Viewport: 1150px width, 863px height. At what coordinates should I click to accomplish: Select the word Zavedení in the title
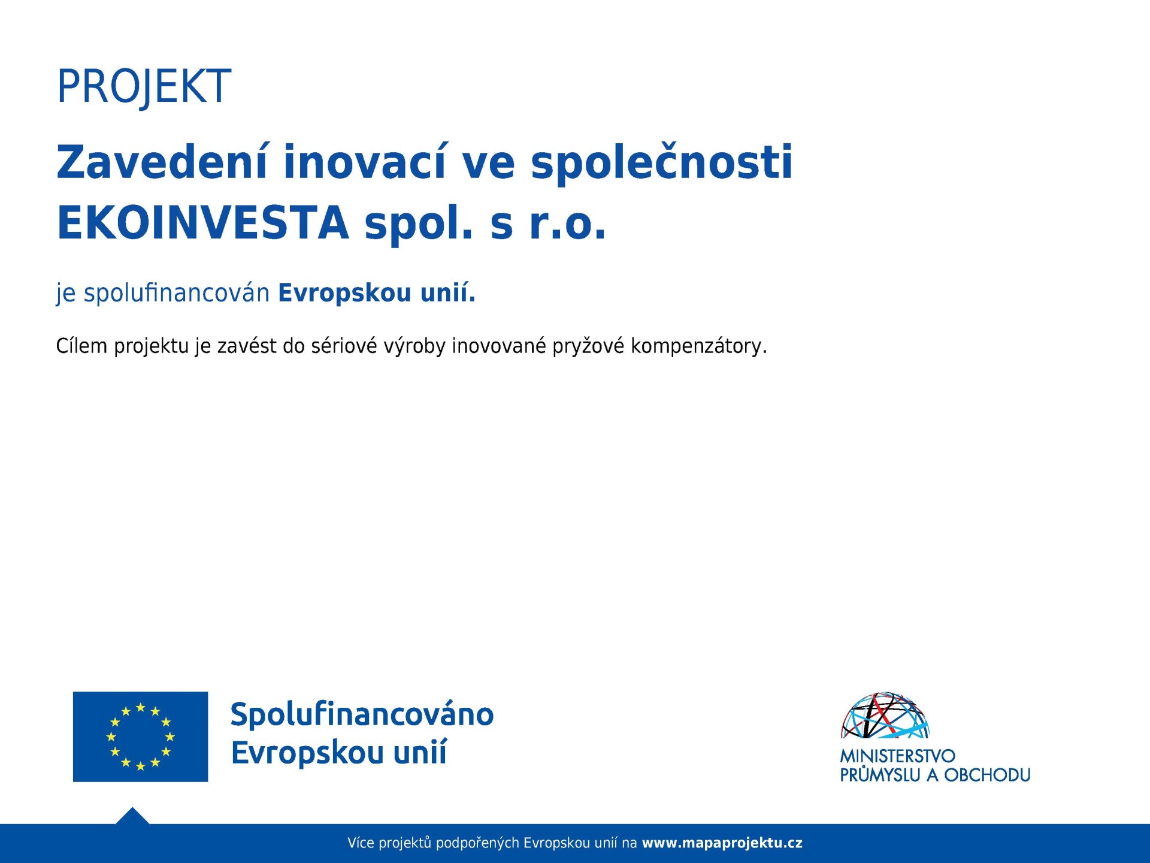(161, 162)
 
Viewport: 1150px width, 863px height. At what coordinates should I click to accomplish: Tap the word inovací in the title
(365, 162)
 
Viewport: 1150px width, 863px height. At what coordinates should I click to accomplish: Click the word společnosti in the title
(662, 163)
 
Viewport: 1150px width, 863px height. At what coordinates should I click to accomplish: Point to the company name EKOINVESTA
(203, 223)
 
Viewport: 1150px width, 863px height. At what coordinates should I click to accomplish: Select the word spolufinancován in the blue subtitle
(177, 294)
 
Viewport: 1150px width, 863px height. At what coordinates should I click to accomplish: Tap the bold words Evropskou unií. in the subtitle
(377, 294)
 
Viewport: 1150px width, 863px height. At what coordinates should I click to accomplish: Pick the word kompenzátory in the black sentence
(698, 346)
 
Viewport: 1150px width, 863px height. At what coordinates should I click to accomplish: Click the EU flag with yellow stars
(140, 737)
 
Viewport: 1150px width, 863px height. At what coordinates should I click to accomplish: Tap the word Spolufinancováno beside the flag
(362, 714)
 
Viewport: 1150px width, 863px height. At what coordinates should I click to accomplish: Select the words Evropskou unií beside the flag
(339, 753)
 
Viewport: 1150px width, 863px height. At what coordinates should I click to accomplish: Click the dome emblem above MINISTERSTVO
(885, 715)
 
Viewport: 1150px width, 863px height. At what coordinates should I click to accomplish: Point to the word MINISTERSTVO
(897, 756)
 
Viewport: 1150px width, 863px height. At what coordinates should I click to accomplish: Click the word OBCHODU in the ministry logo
(987, 775)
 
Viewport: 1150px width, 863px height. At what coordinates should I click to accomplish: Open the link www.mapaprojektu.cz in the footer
(722, 843)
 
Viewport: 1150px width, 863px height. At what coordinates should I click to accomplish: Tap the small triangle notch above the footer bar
(132, 816)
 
